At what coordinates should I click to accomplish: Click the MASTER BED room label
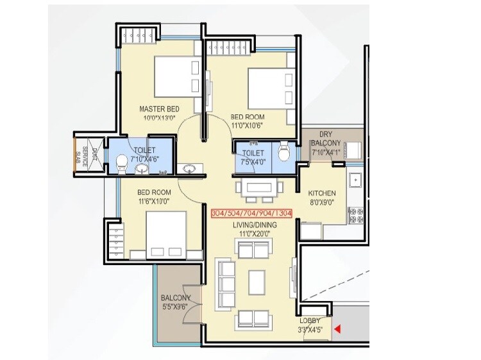pyautogui.click(x=159, y=109)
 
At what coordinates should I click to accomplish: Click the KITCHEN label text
pyautogui.click(x=322, y=193)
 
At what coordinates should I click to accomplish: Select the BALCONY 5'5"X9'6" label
pyautogui.click(x=176, y=302)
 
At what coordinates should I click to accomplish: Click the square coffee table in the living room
pyautogui.click(x=257, y=280)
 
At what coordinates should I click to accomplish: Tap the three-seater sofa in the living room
pyautogui.click(x=226, y=280)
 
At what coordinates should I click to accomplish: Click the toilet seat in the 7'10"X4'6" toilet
pyautogui.click(x=122, y=164)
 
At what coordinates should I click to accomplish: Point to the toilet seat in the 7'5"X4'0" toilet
pyautogui.click(x=285, y=153)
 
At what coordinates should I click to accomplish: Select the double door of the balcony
pyautogui.click(x=199, y=301)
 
